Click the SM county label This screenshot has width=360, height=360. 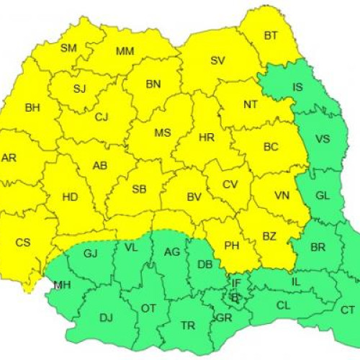tap(68, 48)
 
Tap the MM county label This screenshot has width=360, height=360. tap(125, 51)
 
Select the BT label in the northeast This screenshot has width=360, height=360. tap(271, 35)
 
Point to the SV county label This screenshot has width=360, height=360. tap(217, 60)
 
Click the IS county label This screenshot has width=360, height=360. tap(297, 88)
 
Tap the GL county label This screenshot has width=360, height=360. tap(323, 195)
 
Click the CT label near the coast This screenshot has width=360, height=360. tap(348, 310)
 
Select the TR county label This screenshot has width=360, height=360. tap(188, 325)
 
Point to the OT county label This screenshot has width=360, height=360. tap(148, 308)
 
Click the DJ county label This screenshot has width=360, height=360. tap(106, 317)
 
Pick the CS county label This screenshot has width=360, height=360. tap(23, 243)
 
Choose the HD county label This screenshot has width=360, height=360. tap(70, 196)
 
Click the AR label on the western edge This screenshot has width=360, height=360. tap(9, 158)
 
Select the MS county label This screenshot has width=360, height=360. tap(163, 133)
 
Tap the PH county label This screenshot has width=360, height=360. tap(231, 246)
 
